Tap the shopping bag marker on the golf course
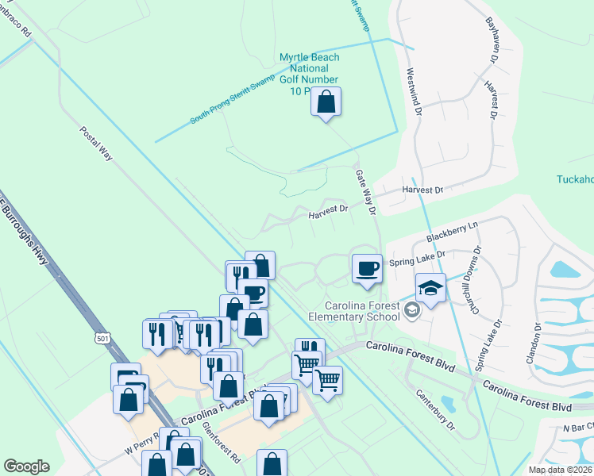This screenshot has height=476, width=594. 326,102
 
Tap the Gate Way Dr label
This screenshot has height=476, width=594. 364,191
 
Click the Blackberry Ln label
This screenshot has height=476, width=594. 453,232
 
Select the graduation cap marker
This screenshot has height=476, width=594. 430,289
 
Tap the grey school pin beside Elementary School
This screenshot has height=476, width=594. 411,310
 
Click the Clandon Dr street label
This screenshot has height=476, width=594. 534,343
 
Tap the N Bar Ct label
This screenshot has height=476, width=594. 577,429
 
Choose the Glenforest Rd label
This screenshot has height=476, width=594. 222,442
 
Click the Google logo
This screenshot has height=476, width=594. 26,466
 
